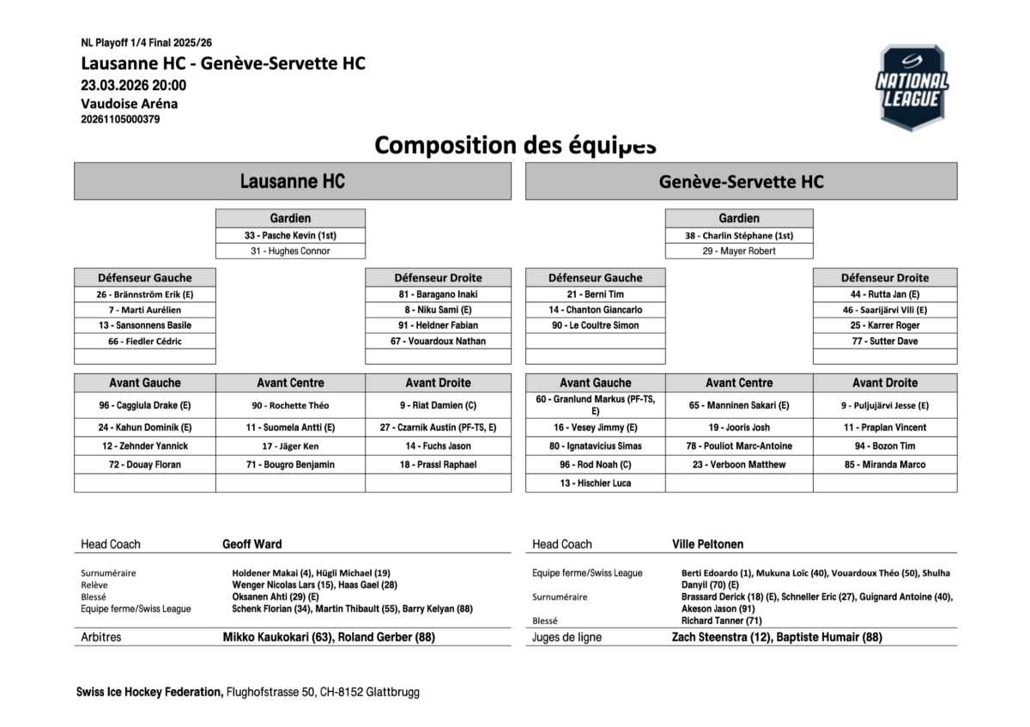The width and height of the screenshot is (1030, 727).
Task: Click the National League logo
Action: click(912, 88)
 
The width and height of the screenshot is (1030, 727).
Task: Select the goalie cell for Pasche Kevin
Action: click(290, 235)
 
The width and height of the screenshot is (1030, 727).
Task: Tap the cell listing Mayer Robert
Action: click(739, 251)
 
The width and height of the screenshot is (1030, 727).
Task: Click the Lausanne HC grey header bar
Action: click(293, 181)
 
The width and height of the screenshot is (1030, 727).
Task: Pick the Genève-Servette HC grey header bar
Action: click(741, 181)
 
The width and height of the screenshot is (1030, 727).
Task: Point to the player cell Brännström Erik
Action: click(145, 294)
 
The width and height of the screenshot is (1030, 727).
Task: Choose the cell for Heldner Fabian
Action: click(438, 325)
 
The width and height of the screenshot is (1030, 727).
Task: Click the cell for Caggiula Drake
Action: click(145, 405)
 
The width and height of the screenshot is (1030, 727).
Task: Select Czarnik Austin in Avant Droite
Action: click(438, 427)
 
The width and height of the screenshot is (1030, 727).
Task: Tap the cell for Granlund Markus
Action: click(595, 405)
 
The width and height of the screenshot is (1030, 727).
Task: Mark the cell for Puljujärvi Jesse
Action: click(885, 405)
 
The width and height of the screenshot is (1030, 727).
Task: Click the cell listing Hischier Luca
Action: click(595, 483)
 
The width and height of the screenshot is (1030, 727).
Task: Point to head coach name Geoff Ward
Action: click(252, 544)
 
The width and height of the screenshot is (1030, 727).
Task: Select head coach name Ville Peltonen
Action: click(708, 544)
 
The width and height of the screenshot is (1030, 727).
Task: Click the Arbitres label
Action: click(101, 638)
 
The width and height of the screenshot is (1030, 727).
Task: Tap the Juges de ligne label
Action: click(567, 638)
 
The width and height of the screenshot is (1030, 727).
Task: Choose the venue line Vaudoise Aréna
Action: click(130, 104)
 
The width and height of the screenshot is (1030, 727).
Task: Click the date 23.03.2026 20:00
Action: click(134, 85)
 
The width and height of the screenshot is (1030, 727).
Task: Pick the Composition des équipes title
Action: click(515, 145)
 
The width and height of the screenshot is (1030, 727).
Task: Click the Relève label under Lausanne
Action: click(94, 585)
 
